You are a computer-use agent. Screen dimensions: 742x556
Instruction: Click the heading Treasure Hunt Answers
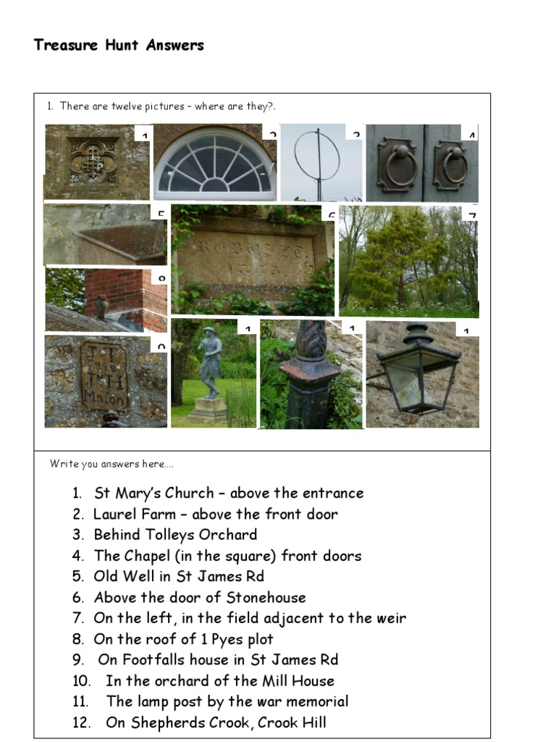(x=119, y=46)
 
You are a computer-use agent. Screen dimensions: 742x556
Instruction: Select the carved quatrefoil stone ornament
(x=93, y=161)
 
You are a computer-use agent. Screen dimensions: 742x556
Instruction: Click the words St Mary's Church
(x=153, y=493)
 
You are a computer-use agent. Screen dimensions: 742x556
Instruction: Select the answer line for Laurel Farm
(x=215, y=514)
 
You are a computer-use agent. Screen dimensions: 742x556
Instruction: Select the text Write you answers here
(x=111, y=464)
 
